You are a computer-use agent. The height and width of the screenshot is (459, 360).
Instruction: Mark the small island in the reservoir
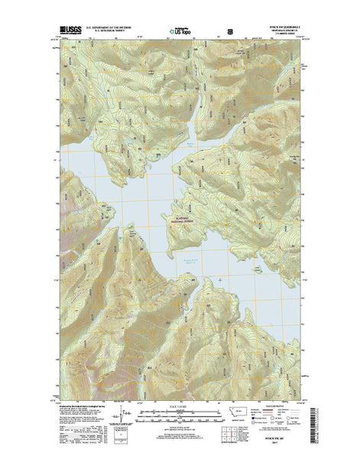(251, 269)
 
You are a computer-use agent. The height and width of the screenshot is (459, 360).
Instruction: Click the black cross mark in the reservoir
(222, 280)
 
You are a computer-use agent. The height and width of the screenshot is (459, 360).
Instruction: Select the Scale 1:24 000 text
(180, 405)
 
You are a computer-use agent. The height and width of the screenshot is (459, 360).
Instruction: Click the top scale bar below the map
(180, 411)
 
